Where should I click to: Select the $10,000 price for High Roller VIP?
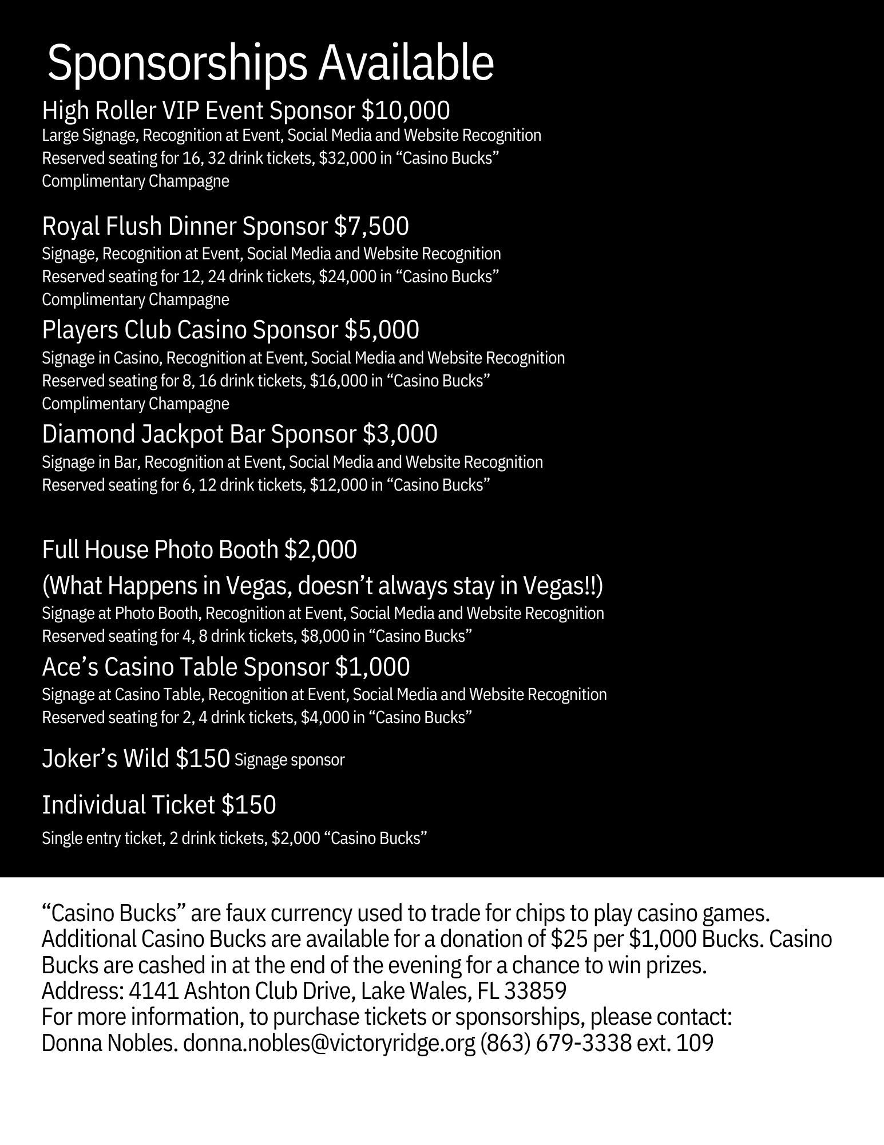(x=406, y=110)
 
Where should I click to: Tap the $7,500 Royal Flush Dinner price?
(x=371, y=227)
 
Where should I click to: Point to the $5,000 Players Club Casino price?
(x=382, y=330)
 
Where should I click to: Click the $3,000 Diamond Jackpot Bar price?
(x=400, y=434)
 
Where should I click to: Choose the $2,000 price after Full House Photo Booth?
(x=320, y=550)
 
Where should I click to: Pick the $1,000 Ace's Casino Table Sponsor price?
(x=372, y=667)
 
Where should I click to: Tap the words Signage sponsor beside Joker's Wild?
(x=290, y=760)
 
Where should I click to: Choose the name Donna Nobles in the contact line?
(x=108, y=1044)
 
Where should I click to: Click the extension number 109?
(x=695, y=1044)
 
